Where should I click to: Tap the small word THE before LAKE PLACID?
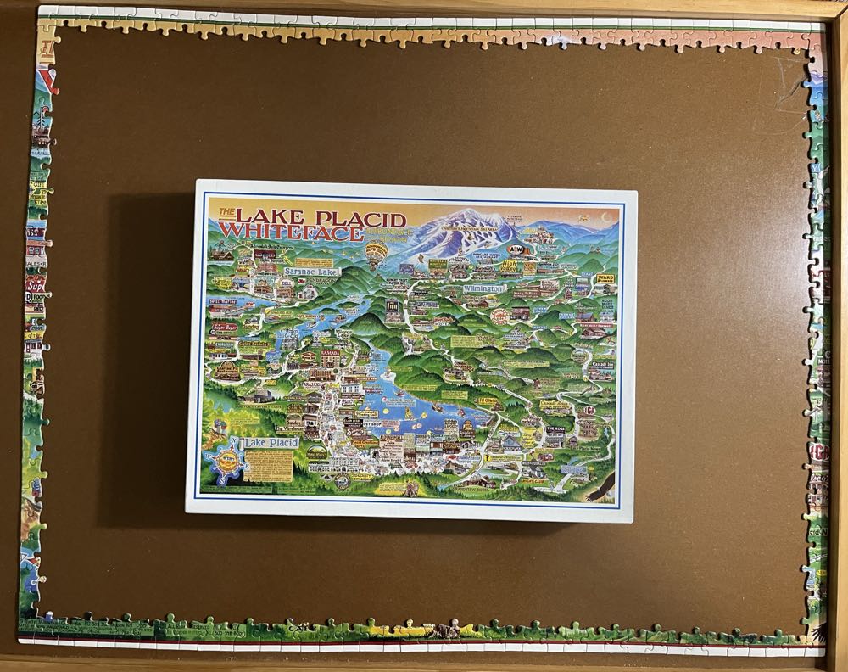(226, 213)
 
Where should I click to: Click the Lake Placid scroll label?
(266, 444)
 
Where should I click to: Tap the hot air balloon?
(375, 251)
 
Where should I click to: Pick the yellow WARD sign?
(605, 277)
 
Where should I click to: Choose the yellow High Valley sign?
(509, 266)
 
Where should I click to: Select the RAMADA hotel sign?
(330, 352)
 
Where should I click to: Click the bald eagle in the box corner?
(605, 485)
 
